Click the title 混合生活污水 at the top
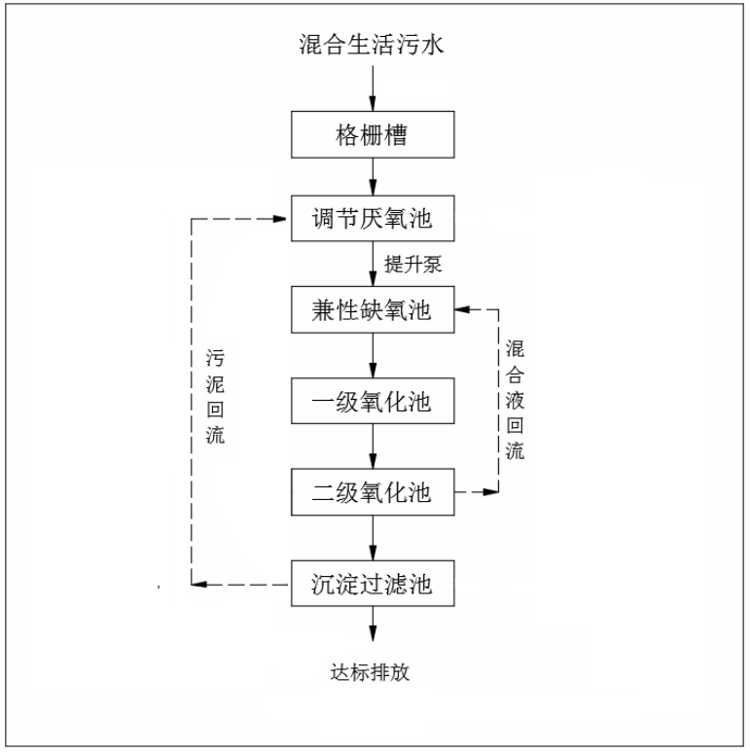(x=372, y=45)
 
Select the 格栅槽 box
(x=373, y=134)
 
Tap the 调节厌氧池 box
(x=373, y=218)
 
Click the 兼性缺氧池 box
(x=373, y=309)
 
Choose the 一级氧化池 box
(x=373, y=401)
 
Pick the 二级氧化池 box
(x=373, y=492)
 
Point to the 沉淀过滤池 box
(x=373, y=583)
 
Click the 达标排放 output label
(x=370, y=672)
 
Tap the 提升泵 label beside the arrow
(x=412, y=265)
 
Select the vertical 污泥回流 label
(x=215, y=397)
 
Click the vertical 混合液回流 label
(x=515, y=400)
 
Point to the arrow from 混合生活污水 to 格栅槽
(x=373, y=89)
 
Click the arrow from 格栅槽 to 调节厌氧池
(x=373, y=176)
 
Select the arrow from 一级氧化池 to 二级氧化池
(x=373, y=446)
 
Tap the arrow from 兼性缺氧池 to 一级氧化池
(x=373, y=355)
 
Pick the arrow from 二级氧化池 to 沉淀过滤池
(x=373, y=538)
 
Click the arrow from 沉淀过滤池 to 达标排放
(x=373, y=624)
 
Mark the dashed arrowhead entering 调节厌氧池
(x=279, y=219)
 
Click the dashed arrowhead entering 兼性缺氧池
(x=462, y=309)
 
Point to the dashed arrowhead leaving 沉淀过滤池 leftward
(x=198, y=584)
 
